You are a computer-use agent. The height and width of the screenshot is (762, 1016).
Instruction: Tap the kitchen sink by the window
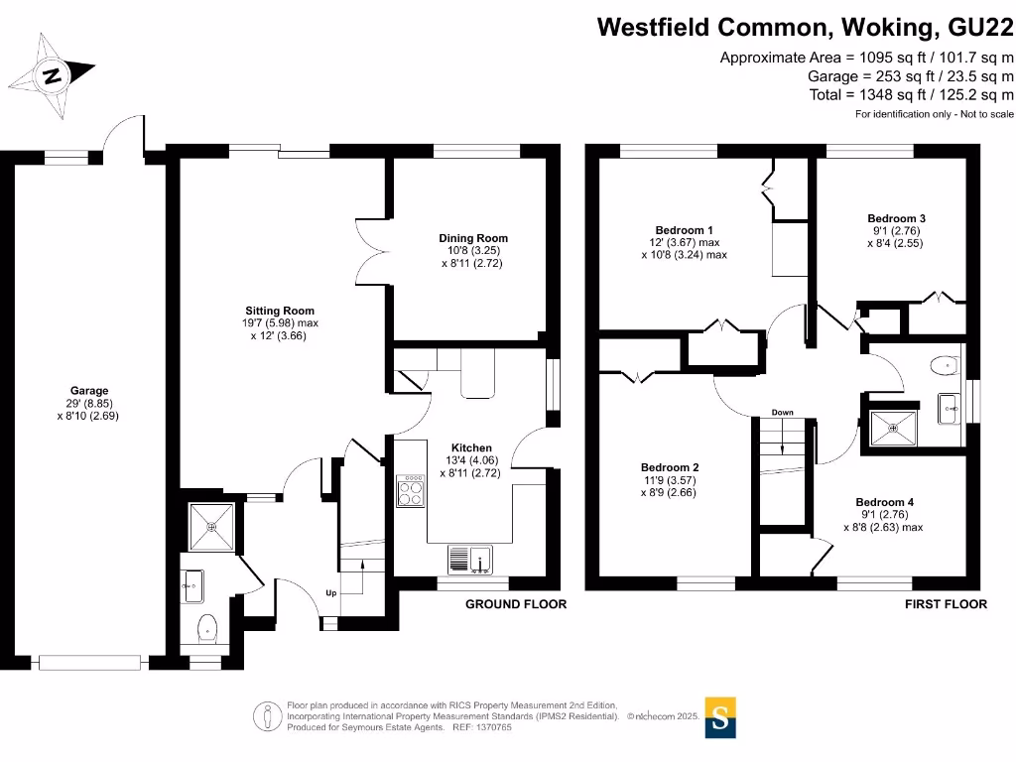[x=469, y=562]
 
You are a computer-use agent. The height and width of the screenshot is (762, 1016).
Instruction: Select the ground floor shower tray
[x=211, y=526]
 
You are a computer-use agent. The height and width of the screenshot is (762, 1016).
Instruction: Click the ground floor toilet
[x=207, y=626]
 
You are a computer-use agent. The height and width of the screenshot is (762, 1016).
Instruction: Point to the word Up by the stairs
[x=331, y=593]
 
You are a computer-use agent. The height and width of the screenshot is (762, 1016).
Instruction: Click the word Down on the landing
[x=782, y=412]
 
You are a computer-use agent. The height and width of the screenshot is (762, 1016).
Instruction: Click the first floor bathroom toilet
[x=945, y=365]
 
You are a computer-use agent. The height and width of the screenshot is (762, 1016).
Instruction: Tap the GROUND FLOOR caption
[x=516, y=604]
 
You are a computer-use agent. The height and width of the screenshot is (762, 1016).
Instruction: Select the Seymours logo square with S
[x=721, y=717]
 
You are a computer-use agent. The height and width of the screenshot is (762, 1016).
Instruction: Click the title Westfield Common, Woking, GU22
[x=805, y=27]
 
